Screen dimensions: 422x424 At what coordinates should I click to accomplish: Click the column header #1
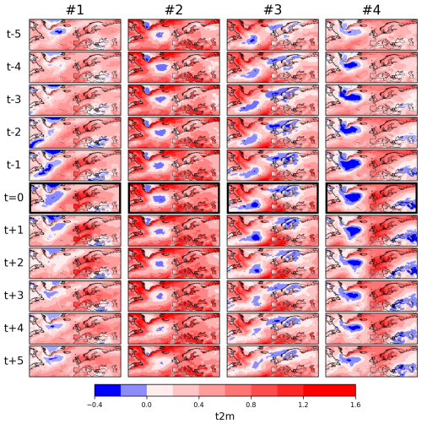pos(75,10)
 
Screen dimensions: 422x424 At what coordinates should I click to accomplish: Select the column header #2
pos(174,10)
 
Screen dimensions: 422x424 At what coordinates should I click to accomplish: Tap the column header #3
pos(273,10)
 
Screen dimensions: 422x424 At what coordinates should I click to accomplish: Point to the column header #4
pos(371,10)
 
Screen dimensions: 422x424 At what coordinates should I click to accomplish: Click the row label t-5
pos(14,34)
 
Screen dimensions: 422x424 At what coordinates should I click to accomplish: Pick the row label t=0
pos(14,198)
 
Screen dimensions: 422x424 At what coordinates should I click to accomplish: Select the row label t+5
pos(14,361)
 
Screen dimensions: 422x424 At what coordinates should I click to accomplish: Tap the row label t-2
pos(14,132)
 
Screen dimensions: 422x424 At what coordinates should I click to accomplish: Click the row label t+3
pos(14,296)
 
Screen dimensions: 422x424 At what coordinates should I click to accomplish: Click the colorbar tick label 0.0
pos(147,405)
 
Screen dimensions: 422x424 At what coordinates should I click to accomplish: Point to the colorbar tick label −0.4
pos(95,405)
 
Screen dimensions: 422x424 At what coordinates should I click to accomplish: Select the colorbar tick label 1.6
pos(355,405)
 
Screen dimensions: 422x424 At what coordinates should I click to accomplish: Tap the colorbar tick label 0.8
pos(251,405)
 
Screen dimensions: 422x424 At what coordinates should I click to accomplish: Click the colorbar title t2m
pos(225,416)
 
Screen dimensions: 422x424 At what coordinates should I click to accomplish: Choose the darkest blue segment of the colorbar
pos(108,390)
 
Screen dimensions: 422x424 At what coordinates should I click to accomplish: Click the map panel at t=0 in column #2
pos(174,198)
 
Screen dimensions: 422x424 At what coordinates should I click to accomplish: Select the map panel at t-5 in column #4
pos(371,35)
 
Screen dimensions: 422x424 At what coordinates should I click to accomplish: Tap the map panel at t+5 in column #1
pos(75,361)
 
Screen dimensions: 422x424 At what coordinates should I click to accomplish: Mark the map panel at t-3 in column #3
pos(273,100)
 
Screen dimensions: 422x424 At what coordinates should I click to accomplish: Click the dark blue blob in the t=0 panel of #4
pos(352,197)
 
